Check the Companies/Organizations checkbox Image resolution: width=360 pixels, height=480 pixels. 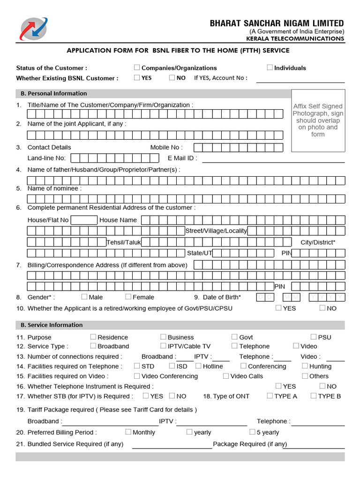click(x=137, y=67)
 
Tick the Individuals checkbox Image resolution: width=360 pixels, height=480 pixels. click(x=270, y=67)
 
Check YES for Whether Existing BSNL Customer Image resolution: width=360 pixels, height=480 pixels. click(x=137, y=78)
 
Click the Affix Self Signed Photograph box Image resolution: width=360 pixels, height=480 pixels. click(x=318, y=120)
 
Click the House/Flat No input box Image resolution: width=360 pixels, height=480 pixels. click(x=84, y=220)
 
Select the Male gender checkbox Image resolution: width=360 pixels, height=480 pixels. click(x=84, y=297)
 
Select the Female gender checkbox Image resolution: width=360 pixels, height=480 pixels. click(x=128, y=297)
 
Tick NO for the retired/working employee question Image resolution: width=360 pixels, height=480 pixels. click(x=322, y=308)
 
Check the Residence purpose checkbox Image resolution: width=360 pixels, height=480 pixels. click(x=93, y=337)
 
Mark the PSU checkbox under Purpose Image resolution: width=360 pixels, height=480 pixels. click(x=314, y=337)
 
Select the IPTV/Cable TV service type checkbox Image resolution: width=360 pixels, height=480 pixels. click(x=163, y=346)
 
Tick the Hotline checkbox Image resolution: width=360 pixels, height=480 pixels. click(x=199, y=366)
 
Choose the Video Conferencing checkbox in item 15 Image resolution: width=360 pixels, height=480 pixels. click(x=137, y=376)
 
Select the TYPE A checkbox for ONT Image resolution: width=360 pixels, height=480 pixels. click(x=270, y=396)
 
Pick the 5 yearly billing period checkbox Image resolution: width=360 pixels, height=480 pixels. click(x=252, y=432)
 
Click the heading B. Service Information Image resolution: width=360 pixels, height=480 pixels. click(x=52, y=325)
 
